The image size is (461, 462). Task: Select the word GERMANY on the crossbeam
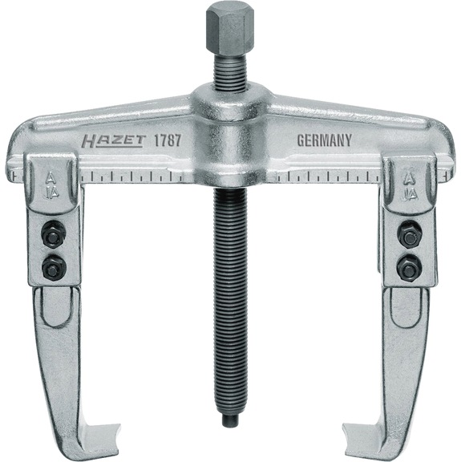click(324, 139)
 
